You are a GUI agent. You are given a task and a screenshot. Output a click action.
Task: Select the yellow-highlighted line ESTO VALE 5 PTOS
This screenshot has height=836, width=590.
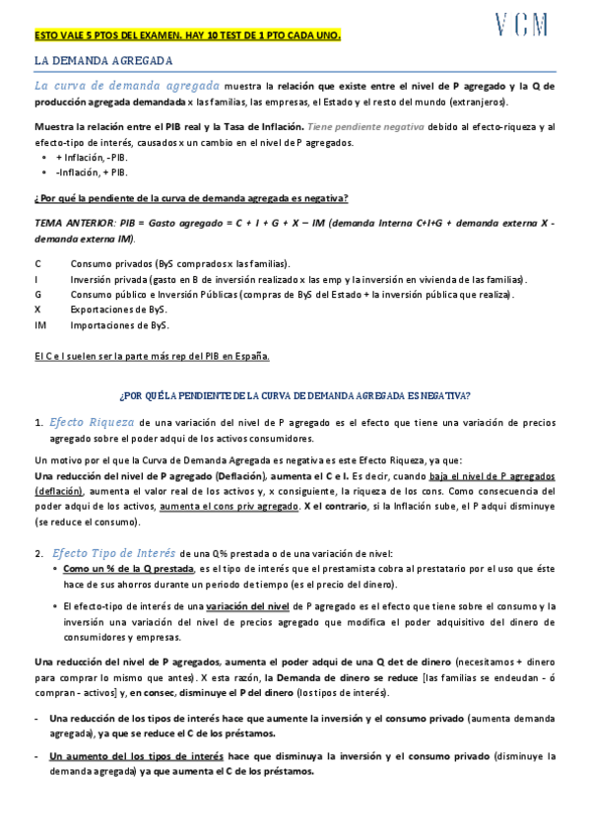tap(187, 35)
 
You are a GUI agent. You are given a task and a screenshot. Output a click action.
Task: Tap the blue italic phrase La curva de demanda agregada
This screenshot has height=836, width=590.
tap(127, 86)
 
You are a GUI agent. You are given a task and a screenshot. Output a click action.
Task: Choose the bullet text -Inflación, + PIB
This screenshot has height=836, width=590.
tap(92, 171)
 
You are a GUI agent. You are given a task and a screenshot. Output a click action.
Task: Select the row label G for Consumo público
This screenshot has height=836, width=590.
tap(37, 294)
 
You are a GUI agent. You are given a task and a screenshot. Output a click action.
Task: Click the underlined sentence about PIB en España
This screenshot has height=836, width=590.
tap(152, 356)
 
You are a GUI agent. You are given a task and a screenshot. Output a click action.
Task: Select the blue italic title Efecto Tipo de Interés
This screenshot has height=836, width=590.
tap(114, 552)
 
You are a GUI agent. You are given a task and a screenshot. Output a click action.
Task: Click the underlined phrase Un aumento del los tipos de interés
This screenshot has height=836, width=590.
tap(136, 756)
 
